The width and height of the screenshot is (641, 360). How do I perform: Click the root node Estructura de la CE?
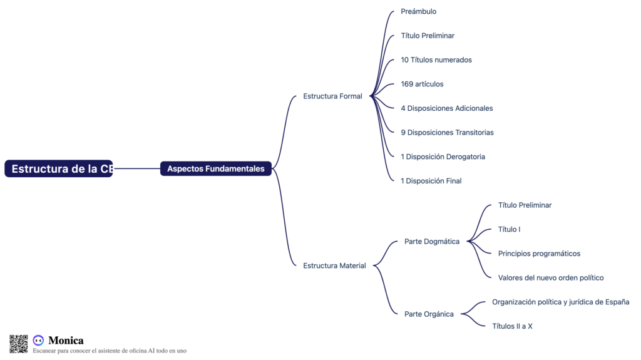pyautogui.click(x=59, y=168)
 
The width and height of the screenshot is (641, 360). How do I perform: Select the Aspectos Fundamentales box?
pyautogui.click(x=216, y=168)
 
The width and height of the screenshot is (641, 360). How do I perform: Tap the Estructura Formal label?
pyautogui.click(x=332, y=96)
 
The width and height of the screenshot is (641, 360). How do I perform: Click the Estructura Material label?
pyautogui.click(x=334, y=265)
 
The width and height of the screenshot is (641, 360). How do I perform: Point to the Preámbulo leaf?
pyautogui.click(x=418, y=11)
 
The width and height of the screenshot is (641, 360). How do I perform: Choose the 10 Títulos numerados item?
pyautogui.click(x=436, y=60)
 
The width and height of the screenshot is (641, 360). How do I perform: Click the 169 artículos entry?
pyautogui.click(x=422, y=84)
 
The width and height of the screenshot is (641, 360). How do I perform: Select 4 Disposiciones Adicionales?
pyautogui.click(x=446, y=108)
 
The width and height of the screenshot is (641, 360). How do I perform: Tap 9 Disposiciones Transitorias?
pyautogui.click(x=447, y=133)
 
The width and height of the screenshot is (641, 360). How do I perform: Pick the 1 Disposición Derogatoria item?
pyautogui.click(x=443, y=157)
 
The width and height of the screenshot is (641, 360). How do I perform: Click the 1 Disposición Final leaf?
pyautogui.click(x=431, y=181)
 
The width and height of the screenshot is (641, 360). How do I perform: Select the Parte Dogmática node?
pyautogui.click(x=432, y=242)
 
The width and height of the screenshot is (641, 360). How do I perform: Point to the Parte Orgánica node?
pyautogui.click(x=429, y=314)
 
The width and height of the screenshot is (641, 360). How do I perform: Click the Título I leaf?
pyautogui.click(x=509, y=229)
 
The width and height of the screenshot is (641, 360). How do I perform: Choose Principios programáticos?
pyautogui.click(x=539, y=254)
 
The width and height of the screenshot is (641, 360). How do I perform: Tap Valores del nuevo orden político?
pyautogui.click(x=551, y=278)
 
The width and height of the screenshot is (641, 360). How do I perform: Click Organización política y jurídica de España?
pyautogui.click(x=560, y=302)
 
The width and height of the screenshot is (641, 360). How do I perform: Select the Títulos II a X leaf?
pyautogui.click(x=512, y=326)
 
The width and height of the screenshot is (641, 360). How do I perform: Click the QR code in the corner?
pyautogui.click(x=19, y=344)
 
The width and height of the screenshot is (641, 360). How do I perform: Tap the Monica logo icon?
pyautogui.click(x=38, y=341)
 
